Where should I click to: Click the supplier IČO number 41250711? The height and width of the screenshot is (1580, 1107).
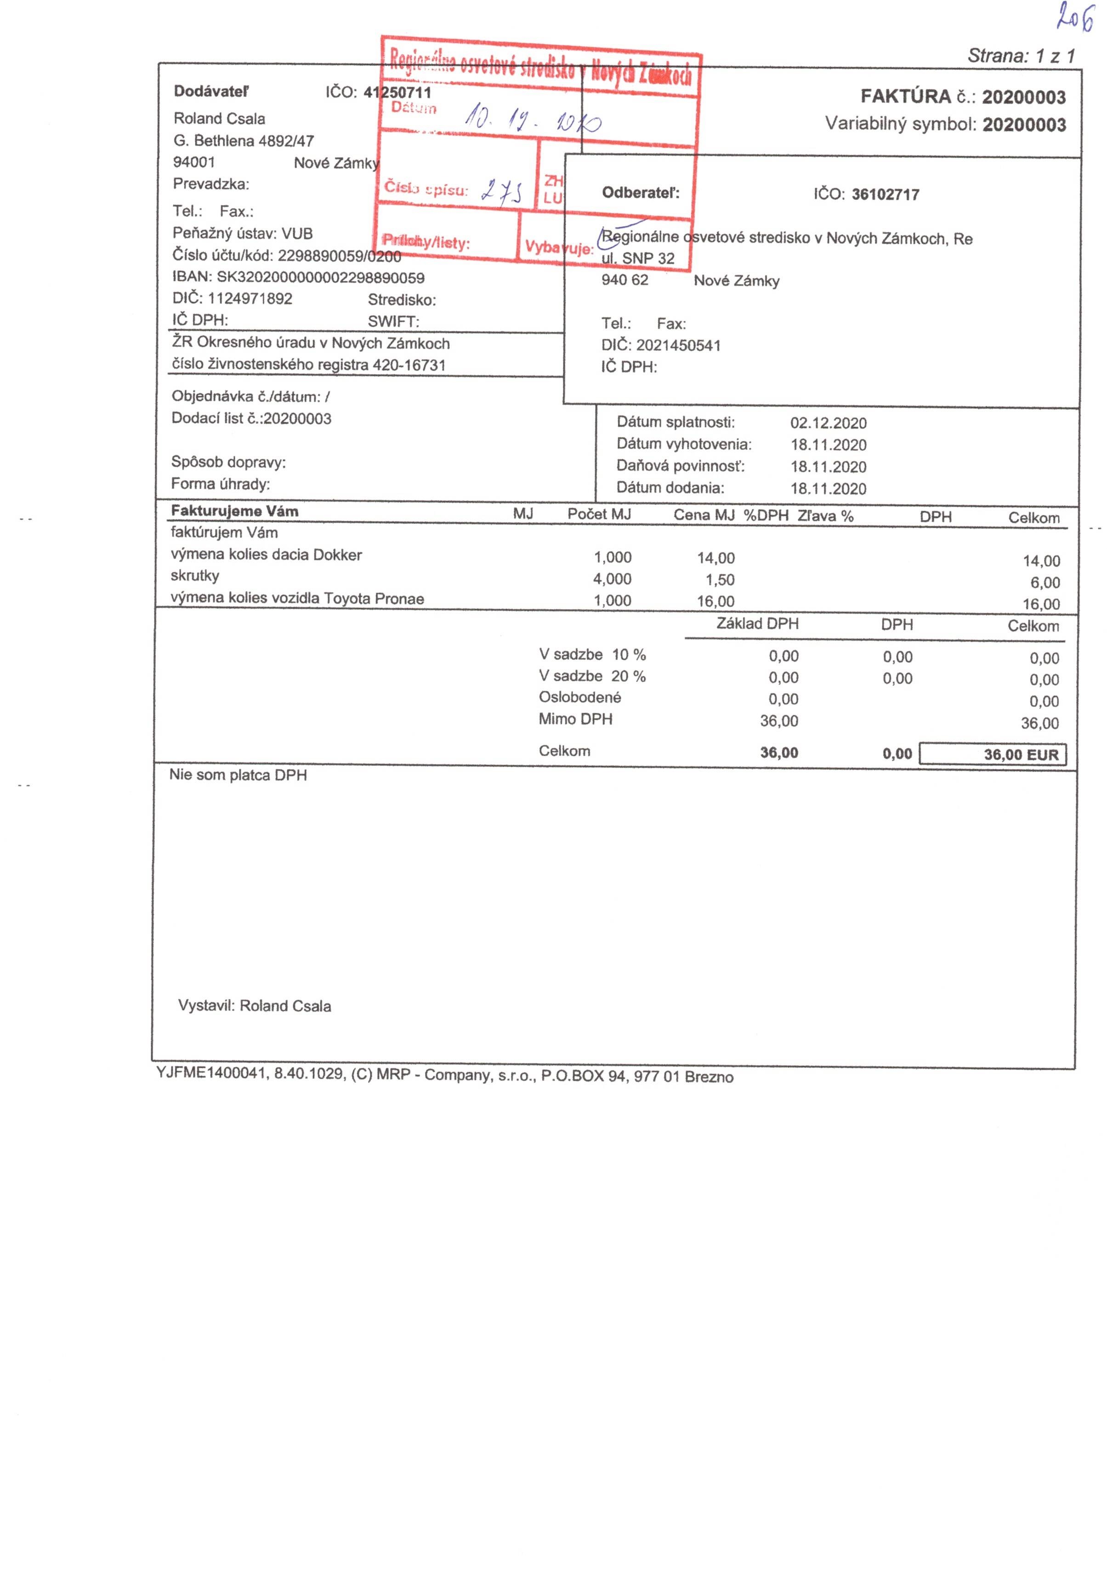click(397, 92)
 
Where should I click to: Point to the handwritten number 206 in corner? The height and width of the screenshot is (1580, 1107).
click(1075, 18)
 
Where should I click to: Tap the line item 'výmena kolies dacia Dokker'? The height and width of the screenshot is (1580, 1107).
click(266, 555)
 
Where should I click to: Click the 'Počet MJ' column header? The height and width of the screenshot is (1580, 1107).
click(599, 514)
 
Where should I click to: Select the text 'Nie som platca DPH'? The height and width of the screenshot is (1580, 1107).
click(238, 776)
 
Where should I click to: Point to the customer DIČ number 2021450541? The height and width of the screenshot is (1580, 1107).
click(678, 345)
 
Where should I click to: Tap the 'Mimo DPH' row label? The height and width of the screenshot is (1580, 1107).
click(575, 719)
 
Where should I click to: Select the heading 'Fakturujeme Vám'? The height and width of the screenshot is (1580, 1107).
click(235, 511)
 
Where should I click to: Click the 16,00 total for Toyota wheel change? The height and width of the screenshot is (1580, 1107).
click(1040, 604)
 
